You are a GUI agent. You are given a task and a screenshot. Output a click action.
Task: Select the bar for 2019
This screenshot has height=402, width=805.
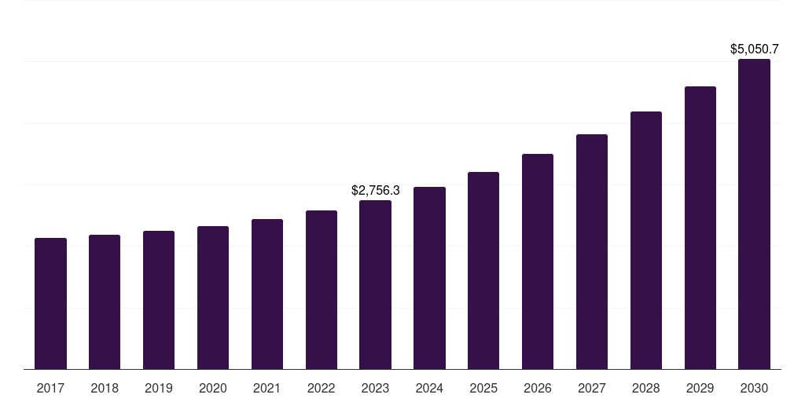159,300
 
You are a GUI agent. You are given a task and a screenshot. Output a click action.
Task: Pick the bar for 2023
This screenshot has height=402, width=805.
375,284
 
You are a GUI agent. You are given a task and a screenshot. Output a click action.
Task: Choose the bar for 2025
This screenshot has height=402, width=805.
483,270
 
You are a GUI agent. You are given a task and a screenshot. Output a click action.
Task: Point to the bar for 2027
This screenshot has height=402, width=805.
592,251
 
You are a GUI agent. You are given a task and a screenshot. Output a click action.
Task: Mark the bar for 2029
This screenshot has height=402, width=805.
700,228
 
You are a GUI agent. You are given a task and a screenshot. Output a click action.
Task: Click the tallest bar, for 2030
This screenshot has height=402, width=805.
754,214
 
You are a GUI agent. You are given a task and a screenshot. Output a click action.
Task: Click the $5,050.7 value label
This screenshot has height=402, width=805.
754,49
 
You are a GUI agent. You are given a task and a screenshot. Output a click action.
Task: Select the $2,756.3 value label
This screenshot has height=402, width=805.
375,191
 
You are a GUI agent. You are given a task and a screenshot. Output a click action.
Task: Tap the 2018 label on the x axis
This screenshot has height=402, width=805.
105,388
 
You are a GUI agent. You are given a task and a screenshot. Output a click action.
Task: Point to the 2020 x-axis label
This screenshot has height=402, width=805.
213,388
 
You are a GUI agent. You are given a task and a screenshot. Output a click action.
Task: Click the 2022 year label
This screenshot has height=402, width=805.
321,388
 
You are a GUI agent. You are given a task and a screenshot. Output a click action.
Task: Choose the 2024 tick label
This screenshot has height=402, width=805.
429,388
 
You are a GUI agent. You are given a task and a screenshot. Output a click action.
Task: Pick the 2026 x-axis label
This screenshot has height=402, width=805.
538,388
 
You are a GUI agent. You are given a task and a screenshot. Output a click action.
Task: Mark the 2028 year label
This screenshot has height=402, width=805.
646,388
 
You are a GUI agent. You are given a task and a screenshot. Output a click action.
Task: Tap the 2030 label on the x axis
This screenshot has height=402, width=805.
754,388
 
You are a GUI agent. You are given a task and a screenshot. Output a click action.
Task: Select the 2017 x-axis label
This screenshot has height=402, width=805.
50,388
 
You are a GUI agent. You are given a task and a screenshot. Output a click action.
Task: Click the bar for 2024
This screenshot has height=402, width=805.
429,278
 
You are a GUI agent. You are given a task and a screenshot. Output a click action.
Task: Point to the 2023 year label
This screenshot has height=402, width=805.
375,388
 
